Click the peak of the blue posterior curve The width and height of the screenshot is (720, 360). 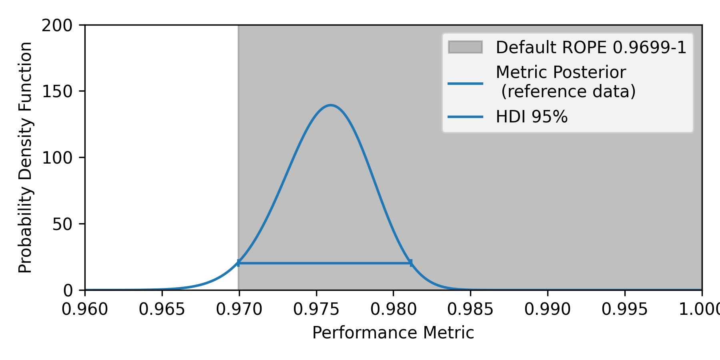tap(331, 106)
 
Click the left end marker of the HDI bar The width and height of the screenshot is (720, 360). tap(238, 263)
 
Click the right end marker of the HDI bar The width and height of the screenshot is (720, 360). tap(411, 263)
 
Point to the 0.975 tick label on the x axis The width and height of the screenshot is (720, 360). tap(316, 309)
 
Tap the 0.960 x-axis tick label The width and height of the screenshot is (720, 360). tap(85, 309)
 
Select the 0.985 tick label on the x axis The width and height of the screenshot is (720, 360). tap(470, 309)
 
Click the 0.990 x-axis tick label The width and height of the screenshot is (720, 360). tap(548, 309)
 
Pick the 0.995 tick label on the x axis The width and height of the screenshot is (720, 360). tap(624, 309)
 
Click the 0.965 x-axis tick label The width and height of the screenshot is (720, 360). tap(162, 309)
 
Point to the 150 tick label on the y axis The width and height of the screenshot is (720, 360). tap(57, 92)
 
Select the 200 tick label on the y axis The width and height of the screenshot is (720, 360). tap(57, 26)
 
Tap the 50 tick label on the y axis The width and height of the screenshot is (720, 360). tap(62, 224)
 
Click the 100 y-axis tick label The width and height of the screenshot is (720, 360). tap(57, 158)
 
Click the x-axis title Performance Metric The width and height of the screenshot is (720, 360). tap(393, 333)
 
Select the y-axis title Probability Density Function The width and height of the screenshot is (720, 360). tap(26, 158)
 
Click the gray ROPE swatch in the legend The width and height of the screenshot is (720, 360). tap(465, 47)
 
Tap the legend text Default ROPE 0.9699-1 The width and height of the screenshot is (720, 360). tap(591, 48)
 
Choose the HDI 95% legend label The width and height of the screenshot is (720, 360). tap(532, 117)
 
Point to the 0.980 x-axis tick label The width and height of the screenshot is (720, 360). tap(393, 309)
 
